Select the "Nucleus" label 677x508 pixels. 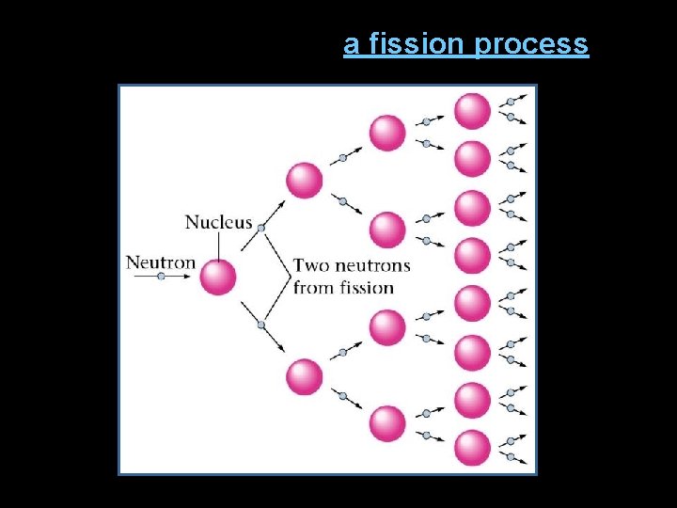pyautogui.click(x=218, y=222)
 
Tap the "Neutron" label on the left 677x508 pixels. pyautogui.click(x=160, y=262)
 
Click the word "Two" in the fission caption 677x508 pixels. pyautogui.click(x=311, y=266)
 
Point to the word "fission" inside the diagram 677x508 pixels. pyautogui.click(x=368, y=287)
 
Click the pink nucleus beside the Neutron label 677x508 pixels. pyautogui.click(x=218, y=278)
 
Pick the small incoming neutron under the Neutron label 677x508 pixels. pyautogui.click(x=162, y=277)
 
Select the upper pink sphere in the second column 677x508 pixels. pyautogui.click(x=305, y=180)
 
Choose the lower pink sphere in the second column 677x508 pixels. pyautogui.click(x=305, y=377)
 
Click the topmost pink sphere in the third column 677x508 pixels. pyautogui.click(x=387, y=133)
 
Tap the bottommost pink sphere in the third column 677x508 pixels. pyautogui.click(x=387, y=424)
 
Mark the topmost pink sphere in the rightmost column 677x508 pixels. pyautogui.click(x=472, y=111)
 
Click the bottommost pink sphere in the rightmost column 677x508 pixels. pyautogui.click(x=472, y=448)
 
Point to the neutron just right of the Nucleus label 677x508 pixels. pyautogui.click(x=261, y=228)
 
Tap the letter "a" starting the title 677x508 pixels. pyautogui.click(x=351, y=43)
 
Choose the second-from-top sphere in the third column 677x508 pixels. pyautogui.click(x=387, y=230)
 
